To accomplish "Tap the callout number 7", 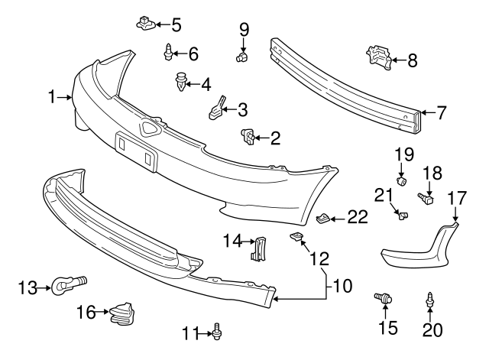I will pos(441,113).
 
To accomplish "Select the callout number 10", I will pos(342,287).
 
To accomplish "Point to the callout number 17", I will pos(456,198).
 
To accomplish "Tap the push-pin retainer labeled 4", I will pos(180,82).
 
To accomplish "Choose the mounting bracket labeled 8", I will pos(377,57).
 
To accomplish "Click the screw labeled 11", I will pos(219,331).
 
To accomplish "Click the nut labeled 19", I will pos(403,181).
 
